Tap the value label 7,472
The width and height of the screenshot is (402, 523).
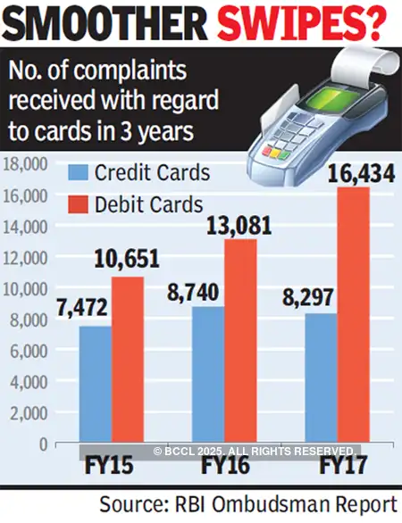coord(84,308)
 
